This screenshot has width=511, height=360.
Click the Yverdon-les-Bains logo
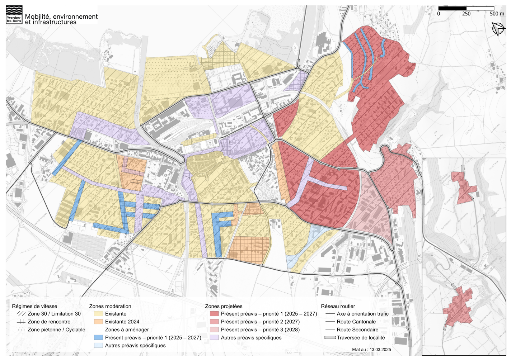[x=14, y=15]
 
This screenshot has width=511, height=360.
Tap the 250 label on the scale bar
[x=466, y=14]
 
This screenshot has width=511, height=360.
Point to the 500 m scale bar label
[x=497, y=14]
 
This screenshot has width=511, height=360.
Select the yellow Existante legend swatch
[x=98, y=314]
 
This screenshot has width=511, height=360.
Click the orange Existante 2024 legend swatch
[x=98, y=322]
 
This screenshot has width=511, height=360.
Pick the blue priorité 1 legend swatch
[x=98, y=337]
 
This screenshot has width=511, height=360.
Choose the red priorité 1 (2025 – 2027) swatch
[x=214, y=314]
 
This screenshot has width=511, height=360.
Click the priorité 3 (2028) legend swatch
[x=214, y=330]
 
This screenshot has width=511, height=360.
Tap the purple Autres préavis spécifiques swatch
[x=214, y=337]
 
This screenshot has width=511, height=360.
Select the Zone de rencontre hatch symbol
[x=21, y=322]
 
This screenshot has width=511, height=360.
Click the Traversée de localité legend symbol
[x=330, y=337]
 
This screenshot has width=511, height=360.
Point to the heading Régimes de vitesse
[x=34, y=306]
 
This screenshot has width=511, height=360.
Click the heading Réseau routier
[x=338, y=306]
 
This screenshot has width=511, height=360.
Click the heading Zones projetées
[x=224, y=306]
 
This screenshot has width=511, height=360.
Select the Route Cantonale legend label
[x=356, y=322]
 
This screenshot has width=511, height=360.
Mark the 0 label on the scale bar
[x=439, y=14]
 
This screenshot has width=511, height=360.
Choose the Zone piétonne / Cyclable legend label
[x=56, y=330]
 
